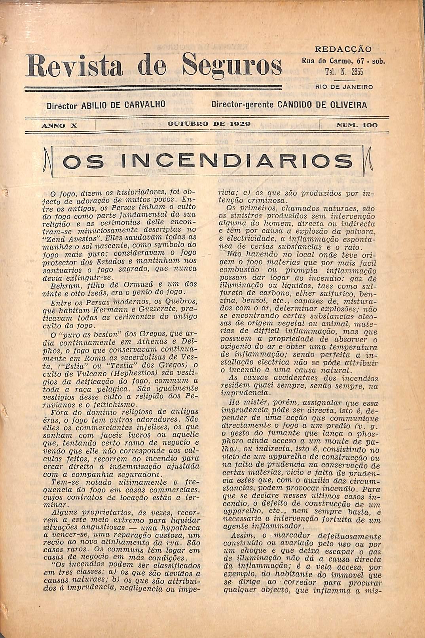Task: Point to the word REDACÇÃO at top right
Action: (x=343, y=49)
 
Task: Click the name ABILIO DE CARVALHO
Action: (x=122, y=106)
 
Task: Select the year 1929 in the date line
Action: (x=239, y=124)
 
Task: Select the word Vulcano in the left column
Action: (x=87, y=372)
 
